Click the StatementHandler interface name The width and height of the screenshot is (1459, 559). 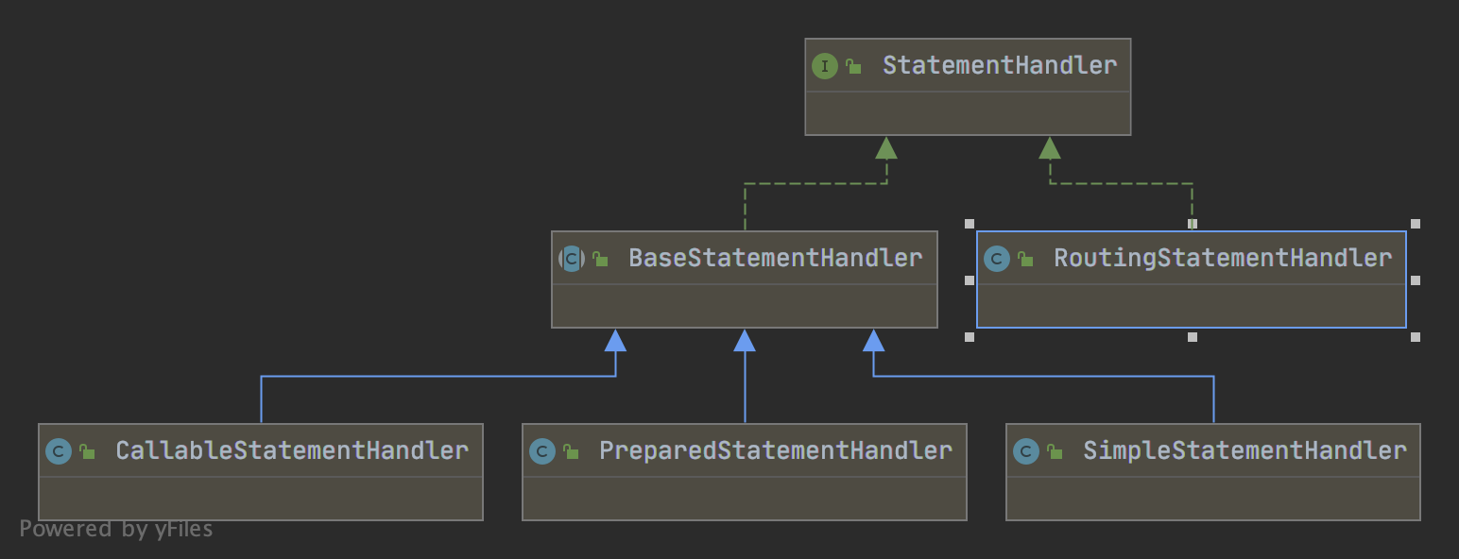tap(999, 65)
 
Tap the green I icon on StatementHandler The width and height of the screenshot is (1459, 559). tap(824, 66)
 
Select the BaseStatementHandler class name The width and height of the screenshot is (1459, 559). tap(775, 258)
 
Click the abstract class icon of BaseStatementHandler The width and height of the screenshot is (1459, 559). tap(571, 259)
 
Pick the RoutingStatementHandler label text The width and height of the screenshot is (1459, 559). tap(1222, 258)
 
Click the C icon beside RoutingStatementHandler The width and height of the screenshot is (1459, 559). tap(996, 259)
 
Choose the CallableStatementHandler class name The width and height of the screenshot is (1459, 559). tap(291, 450)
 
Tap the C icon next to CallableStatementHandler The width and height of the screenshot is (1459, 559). tap(58, 451)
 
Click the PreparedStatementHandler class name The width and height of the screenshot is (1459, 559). tap(775, 450)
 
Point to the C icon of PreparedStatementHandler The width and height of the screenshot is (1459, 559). tap(541, 451)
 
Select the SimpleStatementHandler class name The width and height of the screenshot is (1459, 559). tap(1244, 450)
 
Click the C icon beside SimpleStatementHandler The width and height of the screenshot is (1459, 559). tap(1025, 451)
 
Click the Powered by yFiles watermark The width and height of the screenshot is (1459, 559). tap(115, 529)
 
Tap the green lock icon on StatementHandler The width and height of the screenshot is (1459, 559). tap(853, 67)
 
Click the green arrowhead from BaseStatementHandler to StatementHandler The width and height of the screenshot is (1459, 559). tap(885, 147)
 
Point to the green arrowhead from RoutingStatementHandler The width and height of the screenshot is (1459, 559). tap(1050, 147)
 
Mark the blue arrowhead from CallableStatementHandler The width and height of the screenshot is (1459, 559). tap(615, 340)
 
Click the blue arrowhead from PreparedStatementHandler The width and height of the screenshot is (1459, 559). tap(745, 340)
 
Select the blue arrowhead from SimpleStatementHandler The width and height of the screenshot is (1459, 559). tap(874, 340)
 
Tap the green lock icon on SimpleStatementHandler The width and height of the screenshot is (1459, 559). tap(1055, 452)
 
